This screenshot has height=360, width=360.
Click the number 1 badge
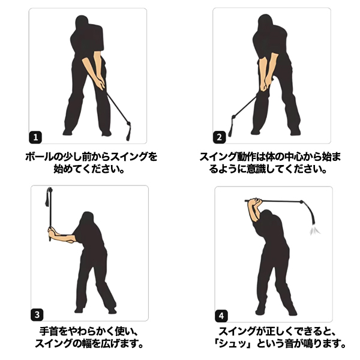point(35,137)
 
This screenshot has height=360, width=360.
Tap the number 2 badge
point(219,137)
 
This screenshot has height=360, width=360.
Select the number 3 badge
point(37,314)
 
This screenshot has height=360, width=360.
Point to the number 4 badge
point(221,316)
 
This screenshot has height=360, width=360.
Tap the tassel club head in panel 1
point(128,131)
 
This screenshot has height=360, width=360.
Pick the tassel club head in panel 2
point(232,126)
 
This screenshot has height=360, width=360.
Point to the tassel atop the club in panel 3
point(49,197)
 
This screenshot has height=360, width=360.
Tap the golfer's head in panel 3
point(86,219)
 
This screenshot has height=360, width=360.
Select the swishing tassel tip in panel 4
point(314,229)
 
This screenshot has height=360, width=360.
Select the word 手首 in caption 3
point(49,332)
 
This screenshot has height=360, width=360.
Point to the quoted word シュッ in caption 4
point(234,344)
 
